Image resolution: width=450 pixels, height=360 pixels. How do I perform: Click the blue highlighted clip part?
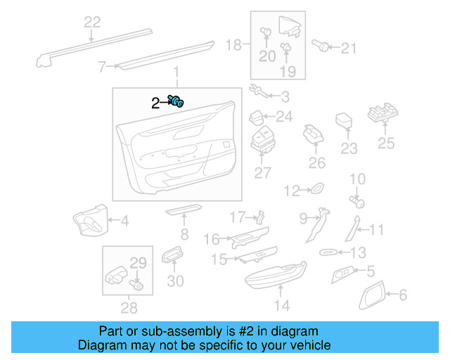pos(176,101)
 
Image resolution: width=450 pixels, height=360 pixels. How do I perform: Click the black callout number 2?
pos(155,103)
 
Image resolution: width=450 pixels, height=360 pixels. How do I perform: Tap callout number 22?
pos(92,22)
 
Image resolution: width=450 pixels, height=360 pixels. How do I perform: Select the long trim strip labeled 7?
pos(167,56)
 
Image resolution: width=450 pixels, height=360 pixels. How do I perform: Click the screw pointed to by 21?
pos(321,46)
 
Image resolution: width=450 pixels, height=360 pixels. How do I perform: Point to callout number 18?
pos(233,45)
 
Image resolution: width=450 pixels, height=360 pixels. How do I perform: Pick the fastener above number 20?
pos(266,32)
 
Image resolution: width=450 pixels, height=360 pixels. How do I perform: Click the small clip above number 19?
pos(285,46)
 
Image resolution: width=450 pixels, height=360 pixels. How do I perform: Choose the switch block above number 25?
pos(382,113)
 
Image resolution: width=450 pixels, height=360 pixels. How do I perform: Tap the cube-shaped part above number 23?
pos(344,120)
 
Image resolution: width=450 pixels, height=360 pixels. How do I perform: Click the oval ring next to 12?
pos(317,188)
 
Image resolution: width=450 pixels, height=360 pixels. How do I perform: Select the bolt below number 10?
pos(357,201)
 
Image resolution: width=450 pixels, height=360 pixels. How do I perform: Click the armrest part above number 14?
pos(276,276)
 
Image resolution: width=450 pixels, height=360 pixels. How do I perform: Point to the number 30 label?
pos(175,281)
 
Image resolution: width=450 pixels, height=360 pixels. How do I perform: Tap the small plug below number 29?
pos(136,285)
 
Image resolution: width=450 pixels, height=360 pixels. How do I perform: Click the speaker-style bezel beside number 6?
pos(372,295)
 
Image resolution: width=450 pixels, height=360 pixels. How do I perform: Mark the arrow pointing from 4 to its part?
pos(113,221)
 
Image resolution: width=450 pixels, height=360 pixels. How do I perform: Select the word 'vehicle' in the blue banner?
pos(314,345)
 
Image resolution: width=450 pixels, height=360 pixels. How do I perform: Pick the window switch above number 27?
pos(263,139)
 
